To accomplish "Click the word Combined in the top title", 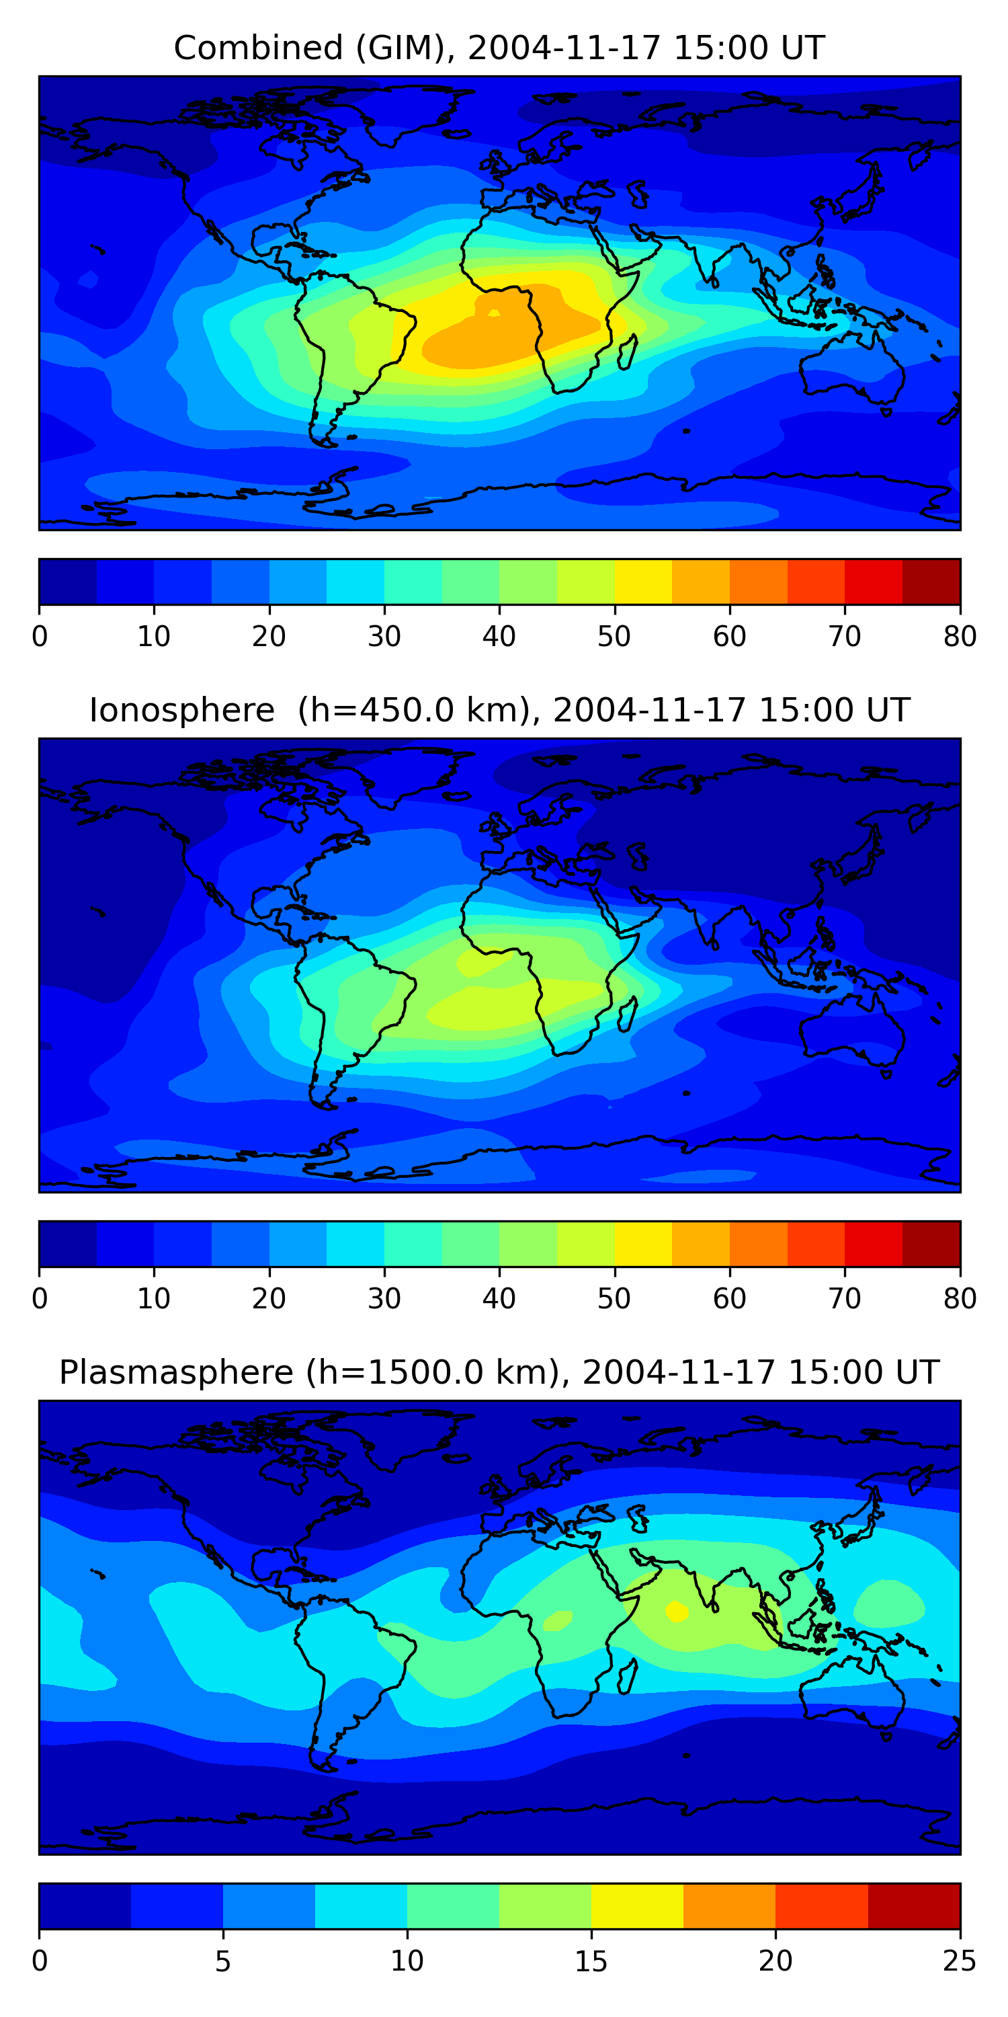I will click(257, 48).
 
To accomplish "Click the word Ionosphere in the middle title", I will click(181, 710).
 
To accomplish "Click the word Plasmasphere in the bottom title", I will click(175, 1373).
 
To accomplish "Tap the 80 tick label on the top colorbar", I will click(960, 637).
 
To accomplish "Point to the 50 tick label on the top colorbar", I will click(614, 637).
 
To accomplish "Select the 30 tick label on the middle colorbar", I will click(384, 1299).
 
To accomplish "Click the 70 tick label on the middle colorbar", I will click(845, 1299).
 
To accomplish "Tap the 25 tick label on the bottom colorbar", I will click(960, 1961).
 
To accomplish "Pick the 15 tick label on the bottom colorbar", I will click(591, 1961).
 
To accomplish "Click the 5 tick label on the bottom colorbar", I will click(223, 1961).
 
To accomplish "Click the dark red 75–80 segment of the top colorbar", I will click(931, 582).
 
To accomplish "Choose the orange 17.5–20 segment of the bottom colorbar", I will click(729, 1907).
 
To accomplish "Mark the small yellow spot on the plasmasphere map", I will click(676, 1611).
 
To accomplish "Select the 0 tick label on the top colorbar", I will click(39, 637).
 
